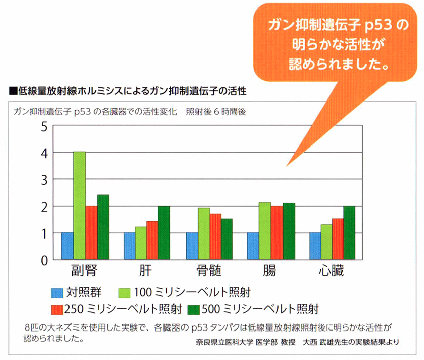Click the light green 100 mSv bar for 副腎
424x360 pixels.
coord(79,206)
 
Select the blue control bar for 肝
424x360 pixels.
coord(129,246)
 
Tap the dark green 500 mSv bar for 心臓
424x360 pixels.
coord(350,233)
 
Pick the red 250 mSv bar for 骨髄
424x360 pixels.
coord(215,237)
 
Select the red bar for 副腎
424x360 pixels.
coord(91,233)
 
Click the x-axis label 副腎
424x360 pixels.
coord(85,271)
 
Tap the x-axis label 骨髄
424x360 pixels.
coord(209,271)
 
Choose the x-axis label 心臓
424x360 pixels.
coord(331,271)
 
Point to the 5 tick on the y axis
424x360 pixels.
coord(44,127)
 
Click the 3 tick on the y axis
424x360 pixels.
coord(44,180)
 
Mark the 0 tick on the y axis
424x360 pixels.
coord(44,260)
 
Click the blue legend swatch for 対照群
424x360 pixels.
coord(57,291)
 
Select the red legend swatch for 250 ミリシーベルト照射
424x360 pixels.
coord(57,309)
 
